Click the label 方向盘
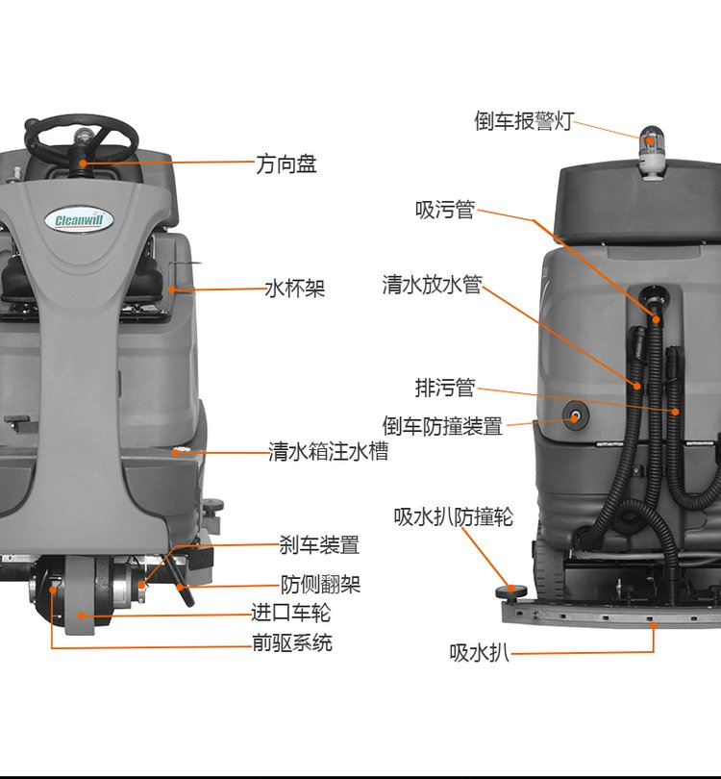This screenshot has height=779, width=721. [x=286, y=164]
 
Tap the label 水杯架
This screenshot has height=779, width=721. [x=295, y=288]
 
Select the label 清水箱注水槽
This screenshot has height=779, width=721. [x=328, y=451]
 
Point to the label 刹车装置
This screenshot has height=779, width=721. [x=319, y=545]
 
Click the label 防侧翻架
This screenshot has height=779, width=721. [x=320, y=584]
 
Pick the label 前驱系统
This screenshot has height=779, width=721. [x=292, y=642]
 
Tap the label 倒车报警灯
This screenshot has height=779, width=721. [x=523, y=121]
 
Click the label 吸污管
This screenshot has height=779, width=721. [x=445, y=209]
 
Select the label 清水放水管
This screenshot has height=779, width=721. [x=431, y=286]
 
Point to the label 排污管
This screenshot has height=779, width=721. [x=445, y=388]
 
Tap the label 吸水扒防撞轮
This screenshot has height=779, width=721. [x=453, y=516]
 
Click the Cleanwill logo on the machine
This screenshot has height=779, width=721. [x=80, y=220]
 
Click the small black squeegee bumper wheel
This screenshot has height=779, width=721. [x=508, y=590]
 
